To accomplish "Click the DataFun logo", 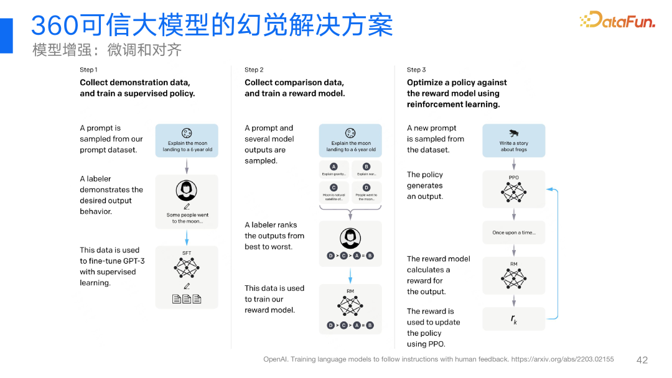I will click(x=617, y=21).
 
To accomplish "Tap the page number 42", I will click(x=642, y=360).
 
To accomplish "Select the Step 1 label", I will click(x=88, y=70).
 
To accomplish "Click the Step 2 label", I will click(x=254, y=70).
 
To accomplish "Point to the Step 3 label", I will click(x=416, y=70).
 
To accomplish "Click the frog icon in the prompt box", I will click(x=514, y=133).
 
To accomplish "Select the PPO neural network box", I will click(x=514, y=189).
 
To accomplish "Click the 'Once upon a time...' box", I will click(x=514, y=233).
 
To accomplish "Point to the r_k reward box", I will click(x=514, y=319).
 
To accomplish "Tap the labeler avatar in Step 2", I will click(x=350, y=237).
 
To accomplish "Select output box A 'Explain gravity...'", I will click(x=334, y=170).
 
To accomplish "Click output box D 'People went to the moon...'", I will click(x=366, y=191).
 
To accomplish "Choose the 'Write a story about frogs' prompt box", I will click(x=514, y=141).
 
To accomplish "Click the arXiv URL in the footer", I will click(x=562, y=359).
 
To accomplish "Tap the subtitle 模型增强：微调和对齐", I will click(x=107, y=50).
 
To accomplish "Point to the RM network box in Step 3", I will click(x=514, y=275).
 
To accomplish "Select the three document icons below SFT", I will click(x=187, y=299).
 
